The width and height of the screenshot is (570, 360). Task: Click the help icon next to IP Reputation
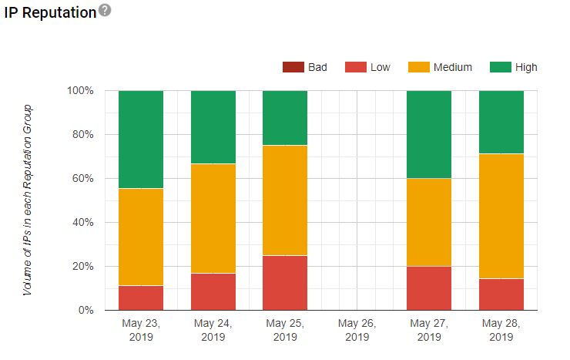tap(104, 10)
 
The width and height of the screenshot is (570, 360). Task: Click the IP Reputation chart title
tap(48, 12)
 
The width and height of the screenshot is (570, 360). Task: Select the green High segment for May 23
tap(141, 139)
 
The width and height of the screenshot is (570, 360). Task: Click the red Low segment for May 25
tap(285, 283)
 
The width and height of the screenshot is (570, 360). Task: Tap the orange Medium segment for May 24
tap(213, 218)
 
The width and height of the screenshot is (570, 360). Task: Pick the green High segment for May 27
tap(429, 134)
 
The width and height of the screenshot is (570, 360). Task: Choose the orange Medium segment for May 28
tap(501, 216)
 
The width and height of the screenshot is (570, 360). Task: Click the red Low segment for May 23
tap(141, 298)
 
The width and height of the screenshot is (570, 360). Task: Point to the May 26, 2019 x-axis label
tap(357, 330)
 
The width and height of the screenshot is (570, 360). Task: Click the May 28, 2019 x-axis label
tap(501, 330)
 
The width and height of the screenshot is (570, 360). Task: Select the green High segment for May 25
tap(285, 117)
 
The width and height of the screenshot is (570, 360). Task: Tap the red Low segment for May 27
tap(429, 288)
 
